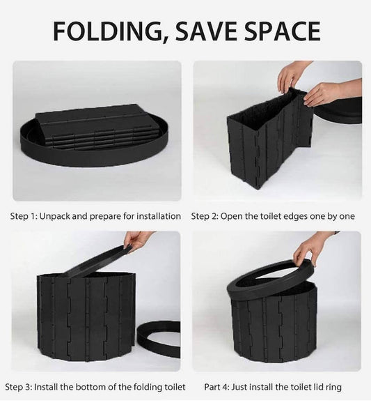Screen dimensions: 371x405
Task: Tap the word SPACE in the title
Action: pyautogui.click(x=282, y=31)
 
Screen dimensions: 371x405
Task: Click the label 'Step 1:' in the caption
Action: pyautogui.click(x=24, y=216)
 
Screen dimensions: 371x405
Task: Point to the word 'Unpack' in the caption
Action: pyautogui.click(x=55, y=217)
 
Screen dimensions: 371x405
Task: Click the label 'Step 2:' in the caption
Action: pyautogui.click(x=205, y=216)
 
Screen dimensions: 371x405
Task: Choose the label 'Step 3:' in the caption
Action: pyautogui.click(x=19, y=387)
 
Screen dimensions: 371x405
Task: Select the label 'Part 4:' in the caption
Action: pyautogui.click(x=216, y=387)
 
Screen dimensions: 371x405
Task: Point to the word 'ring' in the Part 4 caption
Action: pyautogui.click(x=333, y=388)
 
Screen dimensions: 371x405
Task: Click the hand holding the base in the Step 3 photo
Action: pyautogui.click(x=138, y=239)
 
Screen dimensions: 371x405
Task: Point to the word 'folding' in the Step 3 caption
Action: pyautogui.click(x=148, y=388)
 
